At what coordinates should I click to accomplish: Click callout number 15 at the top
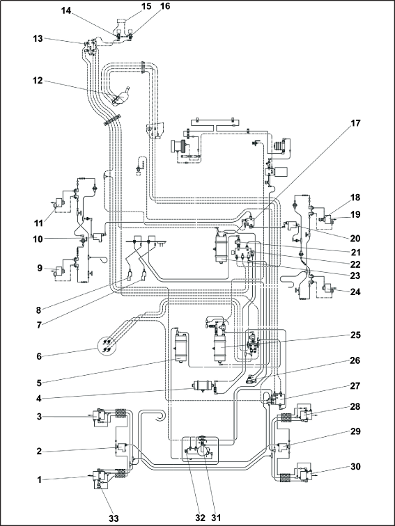pyautogui.click(x=146, y=6)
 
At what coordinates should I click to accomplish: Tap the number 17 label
pyautogui.click(x=355, y=123)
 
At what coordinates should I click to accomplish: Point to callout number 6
pyautogui.click(x=40, y=356)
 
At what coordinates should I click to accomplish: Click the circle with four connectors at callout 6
pyautogui.click(x=107, y=345)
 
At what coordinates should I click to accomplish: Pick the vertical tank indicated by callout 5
pyautogui.click(x=181, y=346)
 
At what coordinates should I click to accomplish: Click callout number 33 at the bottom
pyautogui.click(x=114, y=518)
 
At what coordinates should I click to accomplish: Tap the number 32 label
pyautogui.click(x=201, y=518)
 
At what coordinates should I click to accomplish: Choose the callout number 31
pyautogui.click(x=217, y=518)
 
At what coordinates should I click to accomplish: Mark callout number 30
pyautogui.click(x=355, y=467)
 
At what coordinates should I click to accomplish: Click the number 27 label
pyautogui.click(x=355, y=386)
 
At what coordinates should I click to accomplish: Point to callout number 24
pyautogui.click(x=355, y=292)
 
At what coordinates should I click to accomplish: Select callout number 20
pyautogui.click(x=355, y=239)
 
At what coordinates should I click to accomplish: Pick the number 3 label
pyautogui.click(x=39, y=416)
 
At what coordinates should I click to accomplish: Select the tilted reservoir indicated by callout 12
pyautogui.click(x=121, y=96)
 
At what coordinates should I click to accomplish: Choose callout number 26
pyautogui.click(x=355, y=360)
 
